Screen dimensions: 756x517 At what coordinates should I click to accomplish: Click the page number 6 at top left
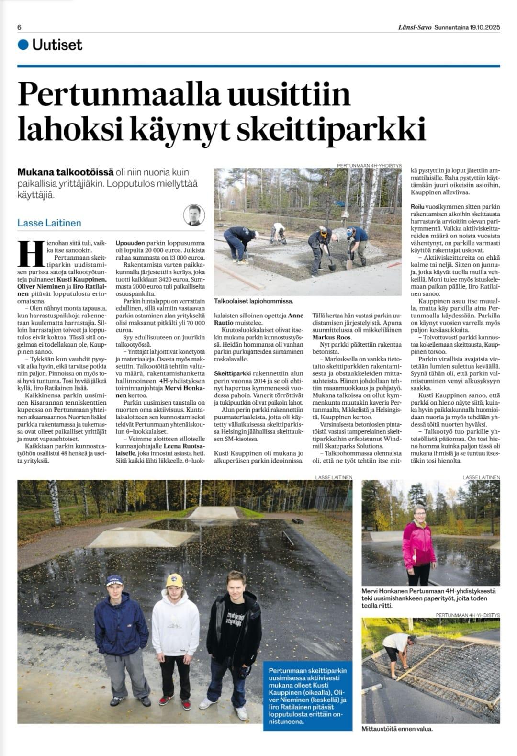click(19, 27)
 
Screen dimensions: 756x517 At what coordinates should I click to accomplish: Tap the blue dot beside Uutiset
click(22, 45)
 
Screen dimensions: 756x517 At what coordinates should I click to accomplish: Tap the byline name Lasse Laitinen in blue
click(49, 223)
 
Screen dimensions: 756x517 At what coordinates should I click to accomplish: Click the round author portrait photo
click(194, 215)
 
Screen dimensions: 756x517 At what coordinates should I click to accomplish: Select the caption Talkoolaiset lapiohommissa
click(254, 301)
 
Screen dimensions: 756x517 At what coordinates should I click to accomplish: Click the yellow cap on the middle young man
click(174, 580)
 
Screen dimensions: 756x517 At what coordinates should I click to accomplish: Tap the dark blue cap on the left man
click(115, 580)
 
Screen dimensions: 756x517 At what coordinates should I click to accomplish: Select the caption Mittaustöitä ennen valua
click(397, 729)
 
